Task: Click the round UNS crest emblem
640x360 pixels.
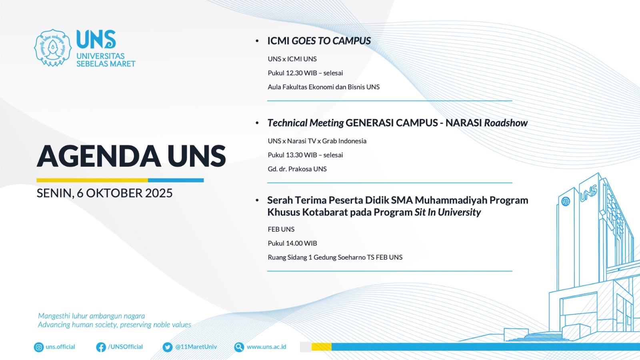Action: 52,48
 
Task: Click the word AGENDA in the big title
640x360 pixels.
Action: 99,156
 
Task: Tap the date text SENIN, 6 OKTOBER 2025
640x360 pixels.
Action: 104,193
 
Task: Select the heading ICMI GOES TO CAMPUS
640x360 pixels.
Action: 319,41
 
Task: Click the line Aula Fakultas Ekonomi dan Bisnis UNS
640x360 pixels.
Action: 324,87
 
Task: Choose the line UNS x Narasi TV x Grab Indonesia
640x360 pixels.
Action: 317,141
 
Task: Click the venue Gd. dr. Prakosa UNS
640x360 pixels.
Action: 297,169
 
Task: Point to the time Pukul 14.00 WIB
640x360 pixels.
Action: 292,243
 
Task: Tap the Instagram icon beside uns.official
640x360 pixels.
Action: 38,347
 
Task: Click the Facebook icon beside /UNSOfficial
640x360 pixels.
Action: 101,347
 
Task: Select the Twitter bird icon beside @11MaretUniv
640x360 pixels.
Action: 168,347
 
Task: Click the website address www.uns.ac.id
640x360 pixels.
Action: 266,347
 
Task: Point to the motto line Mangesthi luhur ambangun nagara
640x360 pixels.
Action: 92,316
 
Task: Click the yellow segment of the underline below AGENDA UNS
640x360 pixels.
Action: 92,180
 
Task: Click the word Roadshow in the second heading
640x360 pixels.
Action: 506,123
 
